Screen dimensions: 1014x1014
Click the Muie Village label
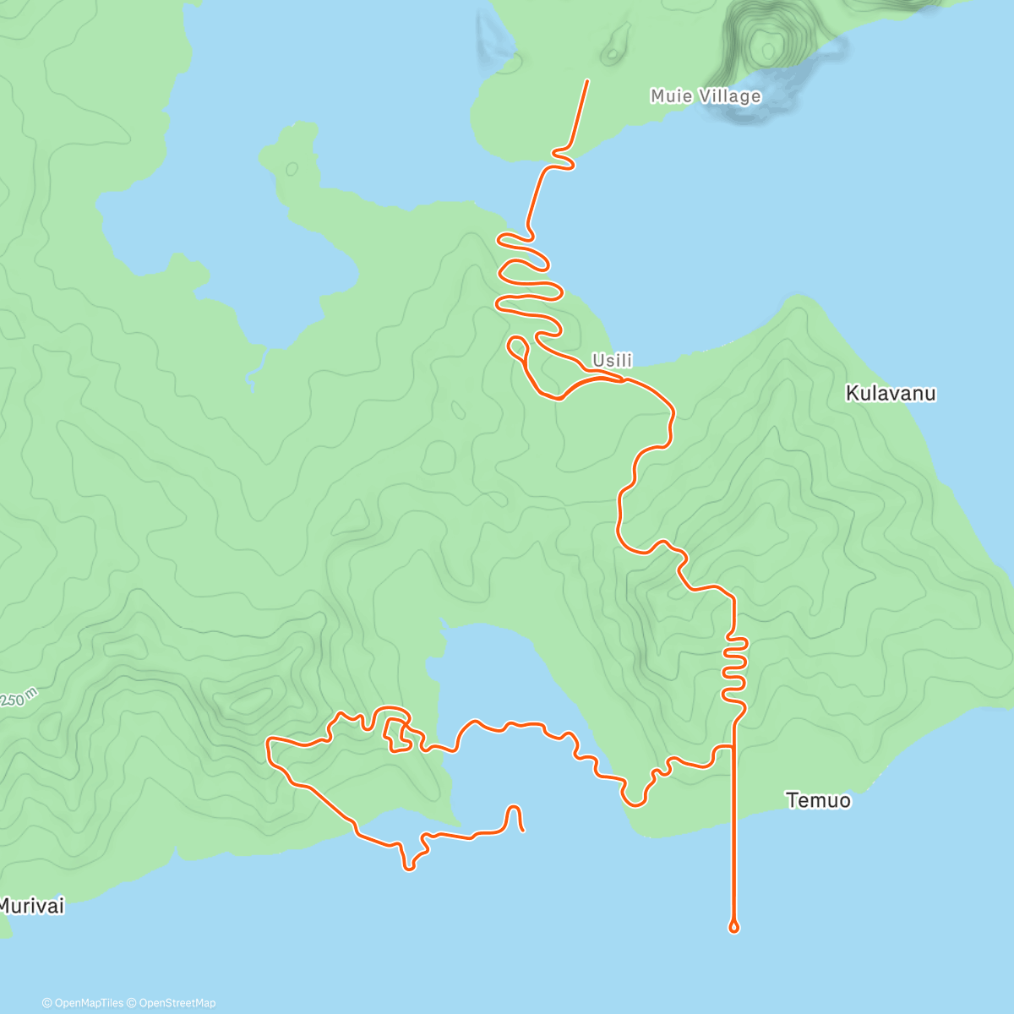point(706,96)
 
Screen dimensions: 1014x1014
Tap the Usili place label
point(612,361)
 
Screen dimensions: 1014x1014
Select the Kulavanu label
point(891,394)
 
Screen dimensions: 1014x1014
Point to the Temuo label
point(818,800)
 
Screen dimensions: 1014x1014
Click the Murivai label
point(31,907)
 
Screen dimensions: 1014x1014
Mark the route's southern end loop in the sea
point(733,928)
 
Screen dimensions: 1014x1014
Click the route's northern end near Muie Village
point(587,81)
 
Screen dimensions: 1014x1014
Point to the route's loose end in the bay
point(523,830)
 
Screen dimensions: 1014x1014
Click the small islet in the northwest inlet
point(292,168)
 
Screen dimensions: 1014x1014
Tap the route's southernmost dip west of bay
point(409,867)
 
